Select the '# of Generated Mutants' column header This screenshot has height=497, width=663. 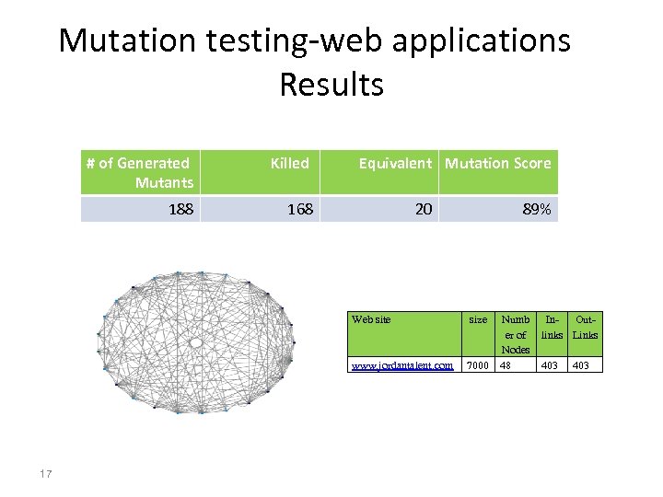coord(139,172)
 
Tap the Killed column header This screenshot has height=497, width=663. coord(289,163)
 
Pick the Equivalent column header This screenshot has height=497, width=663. coord(394,163)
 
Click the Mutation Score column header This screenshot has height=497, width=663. coord(497,163)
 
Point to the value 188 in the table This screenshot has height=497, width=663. coord(180,209)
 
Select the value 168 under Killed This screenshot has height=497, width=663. coord(300,209)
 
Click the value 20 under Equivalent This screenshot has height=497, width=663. coord(423,209)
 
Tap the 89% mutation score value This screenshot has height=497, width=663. coord(537,209)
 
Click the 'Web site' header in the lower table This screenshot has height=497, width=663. coord(371,319)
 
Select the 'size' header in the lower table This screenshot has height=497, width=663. coord(478,319)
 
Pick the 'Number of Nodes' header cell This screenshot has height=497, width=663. coord(515,334)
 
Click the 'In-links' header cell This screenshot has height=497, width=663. coord(552,327)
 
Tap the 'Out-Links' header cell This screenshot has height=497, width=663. coord(586,327)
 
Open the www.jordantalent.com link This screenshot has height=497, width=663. coord(402,365)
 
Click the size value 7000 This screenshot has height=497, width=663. coord(478,365)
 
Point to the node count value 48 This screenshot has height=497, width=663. coord(505,365)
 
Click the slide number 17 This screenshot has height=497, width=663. coord(46,474)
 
